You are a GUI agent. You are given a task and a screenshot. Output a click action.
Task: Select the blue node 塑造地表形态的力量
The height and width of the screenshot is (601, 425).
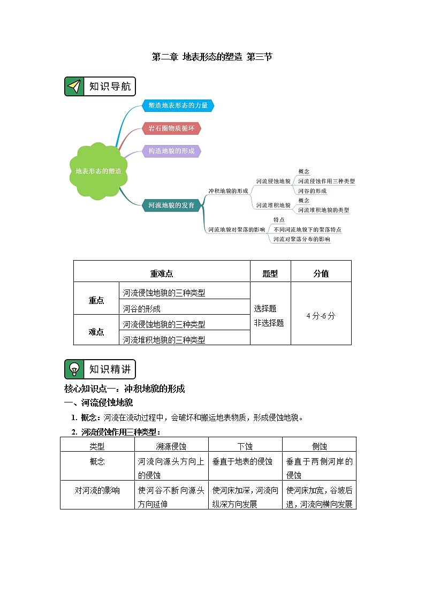178,106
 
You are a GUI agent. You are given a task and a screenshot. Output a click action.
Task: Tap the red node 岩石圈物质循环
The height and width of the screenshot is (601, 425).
171,128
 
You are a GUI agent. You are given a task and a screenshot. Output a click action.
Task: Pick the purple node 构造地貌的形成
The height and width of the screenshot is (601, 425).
171,151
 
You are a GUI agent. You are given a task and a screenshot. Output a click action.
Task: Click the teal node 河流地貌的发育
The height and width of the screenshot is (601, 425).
171,204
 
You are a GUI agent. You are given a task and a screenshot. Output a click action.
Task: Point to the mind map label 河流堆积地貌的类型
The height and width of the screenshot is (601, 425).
323,210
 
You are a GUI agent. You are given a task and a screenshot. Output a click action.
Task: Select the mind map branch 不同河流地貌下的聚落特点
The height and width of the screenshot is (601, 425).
307,230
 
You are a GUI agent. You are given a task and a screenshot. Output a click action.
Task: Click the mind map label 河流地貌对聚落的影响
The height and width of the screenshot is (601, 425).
236,230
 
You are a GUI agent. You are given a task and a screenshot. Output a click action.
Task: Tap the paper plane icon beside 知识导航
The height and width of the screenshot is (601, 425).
74,87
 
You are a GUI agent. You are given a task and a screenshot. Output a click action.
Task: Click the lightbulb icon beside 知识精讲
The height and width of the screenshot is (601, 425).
74,369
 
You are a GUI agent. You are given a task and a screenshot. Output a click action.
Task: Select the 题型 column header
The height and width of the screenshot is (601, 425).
270,273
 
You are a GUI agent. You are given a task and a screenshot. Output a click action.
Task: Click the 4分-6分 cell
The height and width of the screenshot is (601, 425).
321,316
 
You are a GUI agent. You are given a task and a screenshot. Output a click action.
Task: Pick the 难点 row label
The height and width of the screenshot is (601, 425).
96,332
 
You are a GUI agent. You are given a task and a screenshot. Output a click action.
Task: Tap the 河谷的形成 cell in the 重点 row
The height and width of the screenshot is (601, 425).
142,309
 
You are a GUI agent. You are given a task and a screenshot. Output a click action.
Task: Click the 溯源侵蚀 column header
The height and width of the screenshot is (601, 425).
171,446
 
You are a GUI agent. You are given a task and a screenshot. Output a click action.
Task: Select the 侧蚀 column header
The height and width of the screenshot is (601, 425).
319,446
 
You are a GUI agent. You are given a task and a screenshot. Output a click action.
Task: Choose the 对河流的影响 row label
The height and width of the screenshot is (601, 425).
97,490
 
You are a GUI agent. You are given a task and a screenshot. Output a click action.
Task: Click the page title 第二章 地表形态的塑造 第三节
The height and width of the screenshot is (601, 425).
212,57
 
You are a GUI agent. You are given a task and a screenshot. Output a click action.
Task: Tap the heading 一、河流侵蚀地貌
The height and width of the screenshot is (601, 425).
98,403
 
